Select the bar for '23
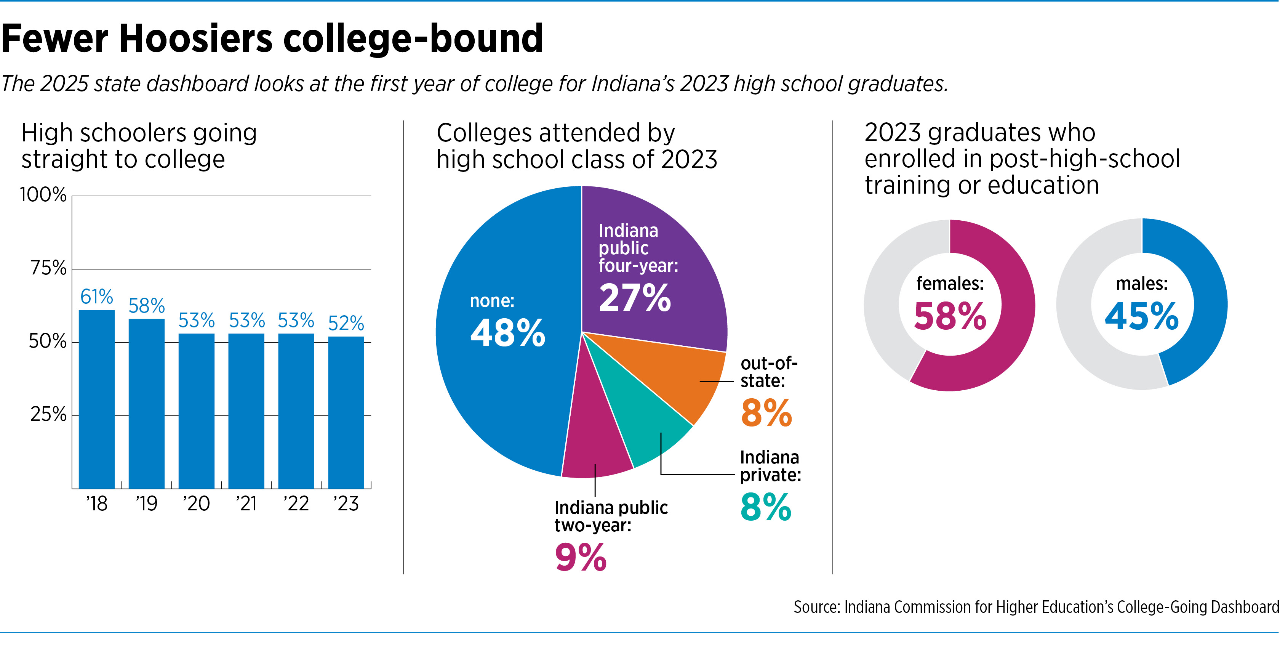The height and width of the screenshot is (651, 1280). (x=346, y=413)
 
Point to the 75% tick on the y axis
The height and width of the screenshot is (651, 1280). (x=48, y=269)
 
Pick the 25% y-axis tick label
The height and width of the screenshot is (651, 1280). (x=48, y=414)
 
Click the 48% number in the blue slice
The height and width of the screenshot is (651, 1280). (x=507, y=333)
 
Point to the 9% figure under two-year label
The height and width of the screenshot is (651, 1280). (x=580, y=558)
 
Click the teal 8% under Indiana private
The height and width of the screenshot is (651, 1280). (x=765, y=507)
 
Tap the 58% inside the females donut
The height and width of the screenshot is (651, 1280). (x=950, y=316)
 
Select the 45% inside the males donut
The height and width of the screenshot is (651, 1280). (x=1141, y=316)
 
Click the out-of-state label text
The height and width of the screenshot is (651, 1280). (x=768, y=372)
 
